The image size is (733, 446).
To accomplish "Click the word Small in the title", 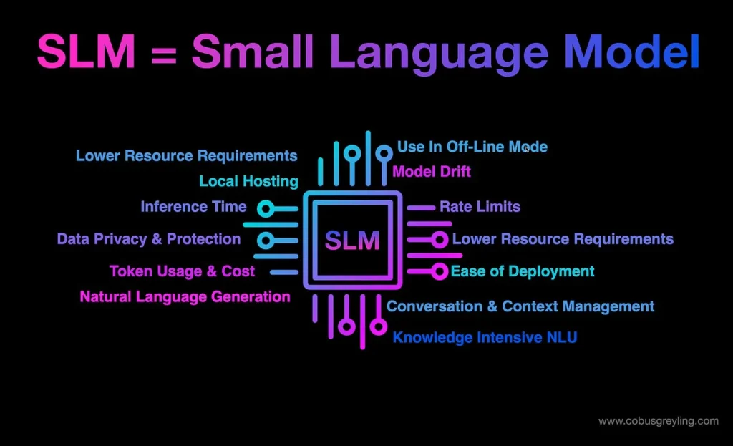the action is coord(253,52).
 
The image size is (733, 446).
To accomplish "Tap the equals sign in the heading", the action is coord(164,55).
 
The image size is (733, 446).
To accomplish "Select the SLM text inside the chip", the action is coord(352,241).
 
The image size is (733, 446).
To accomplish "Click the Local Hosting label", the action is coord(248,181).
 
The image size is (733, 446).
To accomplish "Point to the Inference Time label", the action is coord(193,207).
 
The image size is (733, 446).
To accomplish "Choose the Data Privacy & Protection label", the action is coord(149,239).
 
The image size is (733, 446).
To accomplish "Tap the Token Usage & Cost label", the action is coord(183,271).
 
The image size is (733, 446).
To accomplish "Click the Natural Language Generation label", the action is coord(185,297).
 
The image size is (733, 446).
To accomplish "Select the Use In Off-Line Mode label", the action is coord(472,147).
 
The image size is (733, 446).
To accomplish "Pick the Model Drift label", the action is coord(432,172).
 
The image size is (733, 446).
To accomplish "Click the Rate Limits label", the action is coord(480,207).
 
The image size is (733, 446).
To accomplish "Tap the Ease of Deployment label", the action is coord(523,271).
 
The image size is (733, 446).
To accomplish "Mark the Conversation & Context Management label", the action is coord(520,306).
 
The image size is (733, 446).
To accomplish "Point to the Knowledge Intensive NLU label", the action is coord(485,337).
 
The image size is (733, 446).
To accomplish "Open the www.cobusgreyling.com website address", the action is coord(659,421).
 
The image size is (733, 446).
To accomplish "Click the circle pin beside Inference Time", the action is coord(266,208).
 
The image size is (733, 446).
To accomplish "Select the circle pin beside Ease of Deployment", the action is coord(440,271).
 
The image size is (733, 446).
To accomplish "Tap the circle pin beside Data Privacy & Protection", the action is coord(266,241).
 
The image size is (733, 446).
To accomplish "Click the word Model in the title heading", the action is coord(631,52).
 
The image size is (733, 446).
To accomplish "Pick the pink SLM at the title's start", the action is coord(87,52).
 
